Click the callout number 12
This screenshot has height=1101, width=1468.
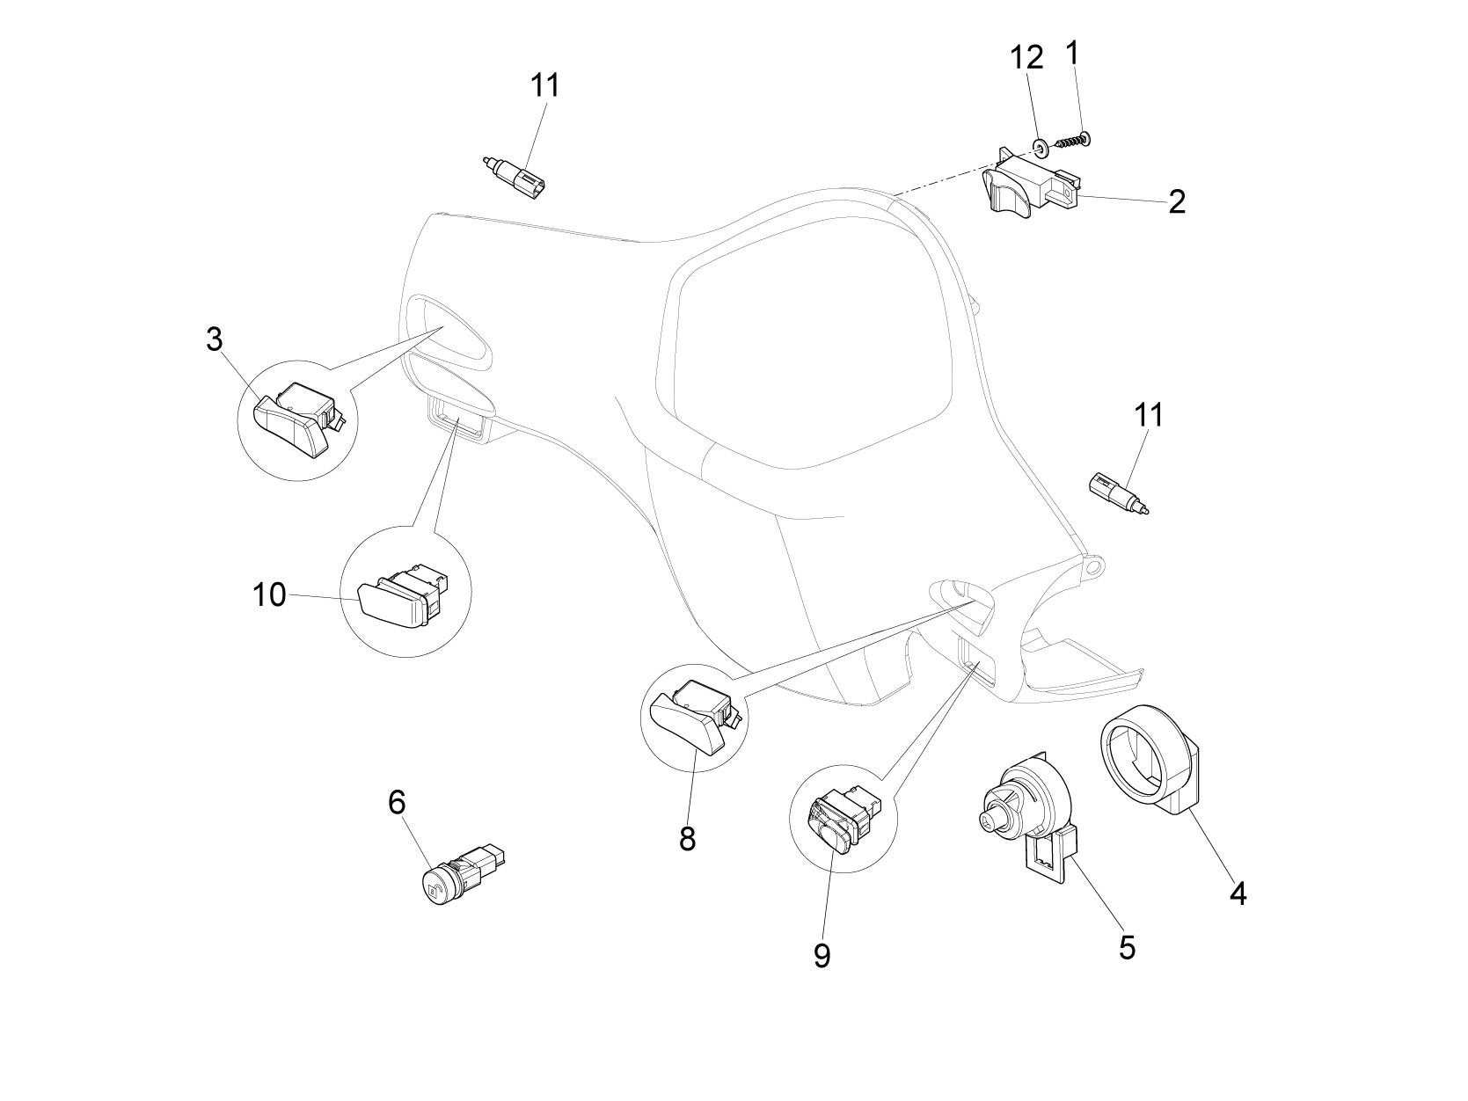(x=1026, y=58)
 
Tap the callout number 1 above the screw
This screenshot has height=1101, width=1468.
(x=1071, y=54)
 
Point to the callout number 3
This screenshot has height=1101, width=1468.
(x=215, y=339)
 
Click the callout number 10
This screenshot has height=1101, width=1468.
(x=269, y=595)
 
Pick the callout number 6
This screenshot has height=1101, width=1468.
(x=397, y=802)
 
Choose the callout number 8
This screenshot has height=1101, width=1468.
(x=687, y=839)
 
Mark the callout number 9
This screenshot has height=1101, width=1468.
(x=822, y=955)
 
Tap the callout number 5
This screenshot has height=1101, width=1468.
(x=1127, y=947)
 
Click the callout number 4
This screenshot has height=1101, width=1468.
(x=1238, y=894)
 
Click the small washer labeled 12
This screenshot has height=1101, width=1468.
(x=1041, y=143)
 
